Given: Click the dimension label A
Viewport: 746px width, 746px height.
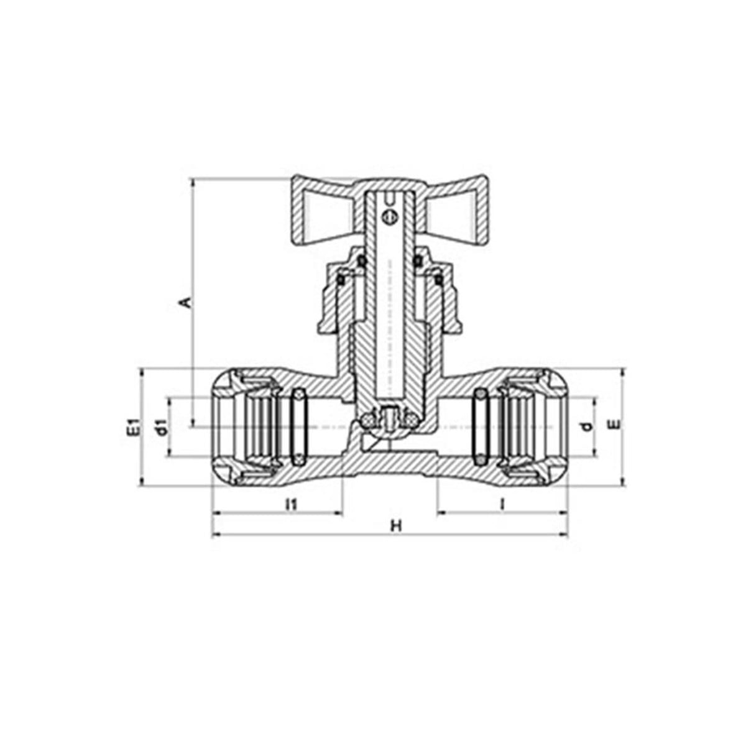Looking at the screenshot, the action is [x=186, y=302].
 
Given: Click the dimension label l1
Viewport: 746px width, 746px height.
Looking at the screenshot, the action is [x=290, y=504].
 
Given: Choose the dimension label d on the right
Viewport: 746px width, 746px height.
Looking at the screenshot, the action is [x=587, y=426].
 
